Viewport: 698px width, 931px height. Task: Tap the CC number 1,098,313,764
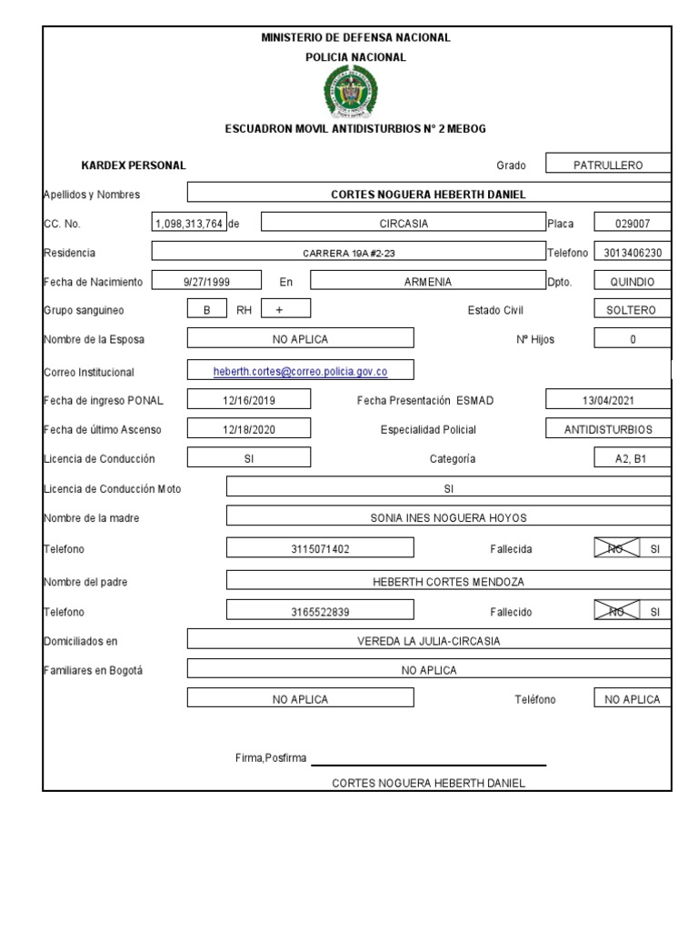pos(189,224)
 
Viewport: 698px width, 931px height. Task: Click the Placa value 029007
pos(633,224)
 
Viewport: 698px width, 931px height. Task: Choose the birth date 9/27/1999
pos(206,282)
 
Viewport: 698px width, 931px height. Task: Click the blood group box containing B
pos(206,310)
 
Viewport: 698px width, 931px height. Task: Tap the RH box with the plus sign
pos(279,310)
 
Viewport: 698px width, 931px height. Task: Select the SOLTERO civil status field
pos(633,310)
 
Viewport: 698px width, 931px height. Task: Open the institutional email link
pos(300,371)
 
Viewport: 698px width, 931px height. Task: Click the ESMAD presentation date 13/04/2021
pos(608,400)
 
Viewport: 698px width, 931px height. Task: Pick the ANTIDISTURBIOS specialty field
pos(608,429)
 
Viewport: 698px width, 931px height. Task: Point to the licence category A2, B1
pos(633,459)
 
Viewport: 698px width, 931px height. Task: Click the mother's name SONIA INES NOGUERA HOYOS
pos(448,517)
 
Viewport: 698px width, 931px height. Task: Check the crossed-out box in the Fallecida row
pos(616,548)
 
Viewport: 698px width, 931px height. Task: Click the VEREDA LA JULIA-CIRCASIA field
pos(428,640)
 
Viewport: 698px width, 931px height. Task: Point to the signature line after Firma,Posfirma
pos(428,764)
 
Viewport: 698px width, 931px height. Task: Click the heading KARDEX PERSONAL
pos(134,165)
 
